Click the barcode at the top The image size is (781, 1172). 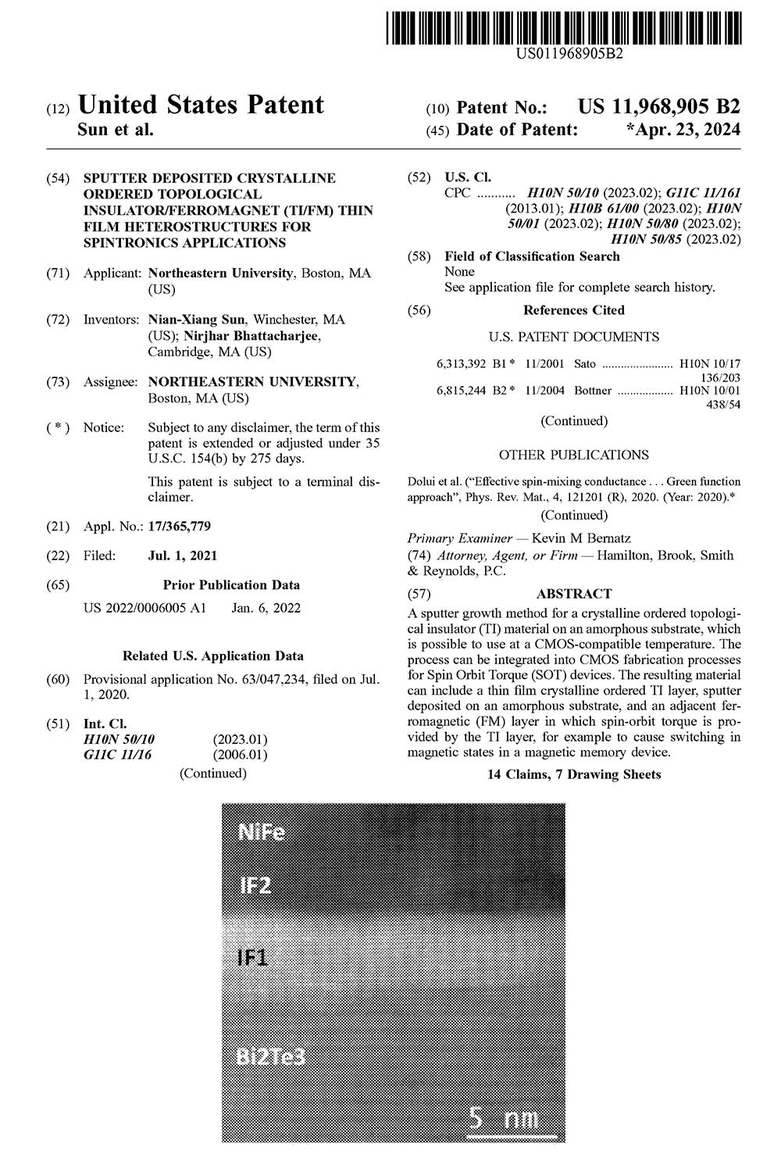tap(563, 27)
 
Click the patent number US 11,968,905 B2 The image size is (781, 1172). tap(658, 107)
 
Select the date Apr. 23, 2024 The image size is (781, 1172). tap(683, 129)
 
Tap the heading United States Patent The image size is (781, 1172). tap(201, 105)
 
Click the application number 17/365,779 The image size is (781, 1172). tap(180, 527)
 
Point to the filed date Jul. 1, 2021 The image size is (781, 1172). tap(183, 556)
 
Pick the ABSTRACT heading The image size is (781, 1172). tap(574, 594)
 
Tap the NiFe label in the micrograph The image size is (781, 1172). tap(262, 833)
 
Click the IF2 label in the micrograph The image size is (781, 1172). tap(255, 886)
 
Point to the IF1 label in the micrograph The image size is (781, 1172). tap(253, 957)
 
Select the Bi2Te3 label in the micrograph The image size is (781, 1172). tap(270, 1058)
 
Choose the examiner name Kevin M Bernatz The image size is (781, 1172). tap(581, 538)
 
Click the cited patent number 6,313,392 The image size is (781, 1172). tap(461, 364)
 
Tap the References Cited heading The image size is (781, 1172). tap(574, 310)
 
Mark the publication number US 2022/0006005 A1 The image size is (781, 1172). tap(144, 608)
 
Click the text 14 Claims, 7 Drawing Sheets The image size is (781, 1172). tap(574, 774)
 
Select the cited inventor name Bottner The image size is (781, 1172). tap(593, 390)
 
